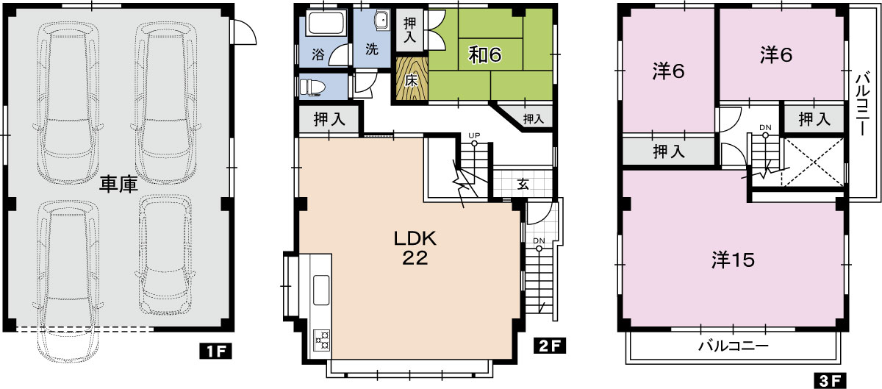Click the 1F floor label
(x=215, y=351)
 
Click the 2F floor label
(x=550, y=346)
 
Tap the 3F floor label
(x=830, y=381)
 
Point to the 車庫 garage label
(x=118, y=185)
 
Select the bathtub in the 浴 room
(x=326, y=24)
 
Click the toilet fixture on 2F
(x=312, y=87)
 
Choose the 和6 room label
(x=484, y=54)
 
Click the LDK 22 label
(x=415, y=249)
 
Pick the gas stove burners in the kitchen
(x=322, y=341)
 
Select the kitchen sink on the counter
(x=321, y=290)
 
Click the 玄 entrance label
(x=523, y=185)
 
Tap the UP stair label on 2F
(x=474, y=135)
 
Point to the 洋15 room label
(x=733, y=260)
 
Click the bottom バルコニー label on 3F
(x=734, y=346)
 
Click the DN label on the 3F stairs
(x=765, y=128)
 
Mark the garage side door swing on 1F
(x=245, y=32)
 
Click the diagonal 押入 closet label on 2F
(x=534, y=118)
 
